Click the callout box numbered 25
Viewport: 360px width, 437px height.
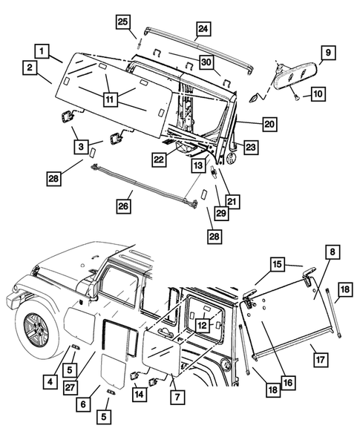click(123, 22)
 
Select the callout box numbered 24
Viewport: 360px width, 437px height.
click(203, 29)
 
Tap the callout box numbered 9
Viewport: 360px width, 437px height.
click(328, 53)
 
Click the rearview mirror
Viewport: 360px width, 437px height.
click(295, 76)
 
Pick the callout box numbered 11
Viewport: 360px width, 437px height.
click(110, 99)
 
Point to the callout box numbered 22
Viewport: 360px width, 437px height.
click(160, 160)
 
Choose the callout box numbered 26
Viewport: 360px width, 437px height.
click(123, 206)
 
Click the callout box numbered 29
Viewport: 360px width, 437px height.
click(221, 213)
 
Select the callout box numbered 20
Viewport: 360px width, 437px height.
click(269, 124)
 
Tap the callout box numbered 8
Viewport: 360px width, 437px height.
click(333, 252)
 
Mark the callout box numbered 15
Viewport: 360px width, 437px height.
click(278, 264)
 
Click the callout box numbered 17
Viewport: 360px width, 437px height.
click(321, 360)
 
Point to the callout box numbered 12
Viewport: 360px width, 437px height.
click(203, 325)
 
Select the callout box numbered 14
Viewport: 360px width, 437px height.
click(140, 394)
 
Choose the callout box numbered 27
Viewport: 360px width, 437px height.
click(71, 387)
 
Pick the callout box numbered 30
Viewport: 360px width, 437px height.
click(206, 62)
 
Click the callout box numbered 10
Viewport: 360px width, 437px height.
click(318, 93)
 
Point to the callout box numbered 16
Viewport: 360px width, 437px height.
click(288, 383)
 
